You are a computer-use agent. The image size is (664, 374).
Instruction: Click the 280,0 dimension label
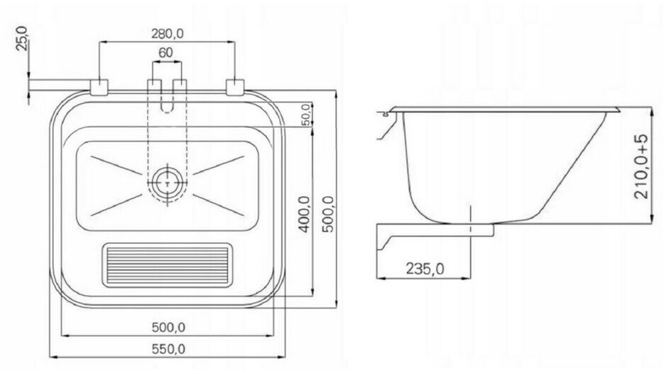coord(168,33)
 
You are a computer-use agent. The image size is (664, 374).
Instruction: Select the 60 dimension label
coord(166,53)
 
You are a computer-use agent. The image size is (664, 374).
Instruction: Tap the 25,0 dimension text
coord(21,38)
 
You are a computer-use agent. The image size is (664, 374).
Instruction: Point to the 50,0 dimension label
coord(307,114)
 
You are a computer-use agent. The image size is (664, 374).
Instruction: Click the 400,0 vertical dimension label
coord(305,214)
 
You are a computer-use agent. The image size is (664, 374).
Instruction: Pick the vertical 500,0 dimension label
coord(328,214)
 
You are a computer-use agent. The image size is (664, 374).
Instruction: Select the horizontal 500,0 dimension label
coord(168,327)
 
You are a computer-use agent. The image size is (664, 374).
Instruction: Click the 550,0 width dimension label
coord(168,349)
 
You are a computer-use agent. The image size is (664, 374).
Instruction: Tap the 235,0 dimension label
coord(425,269)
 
